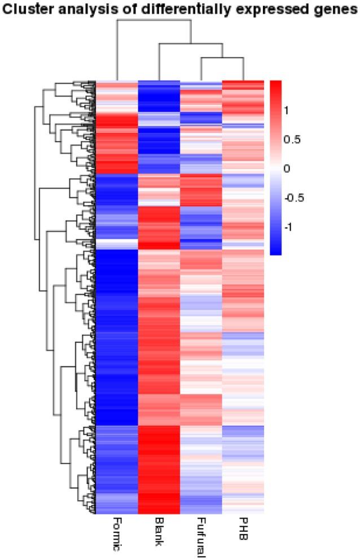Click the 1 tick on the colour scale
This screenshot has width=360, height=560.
pyautogui.click(x=287, y=111)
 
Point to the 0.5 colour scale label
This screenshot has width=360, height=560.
pyautogui.click(x=293, y=139)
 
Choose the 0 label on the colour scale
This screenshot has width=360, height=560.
pyautogui.click(x=287, y=169)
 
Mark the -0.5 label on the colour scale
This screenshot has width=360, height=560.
pyautogui.click(x=295, y=198)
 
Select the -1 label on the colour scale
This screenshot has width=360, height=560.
pyautogui.click(x=289, y=227)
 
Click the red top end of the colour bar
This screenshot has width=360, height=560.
pyautogui.click(x=275, y=85)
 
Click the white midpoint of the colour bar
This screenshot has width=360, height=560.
pyautogui.click(x=275, y=168)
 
